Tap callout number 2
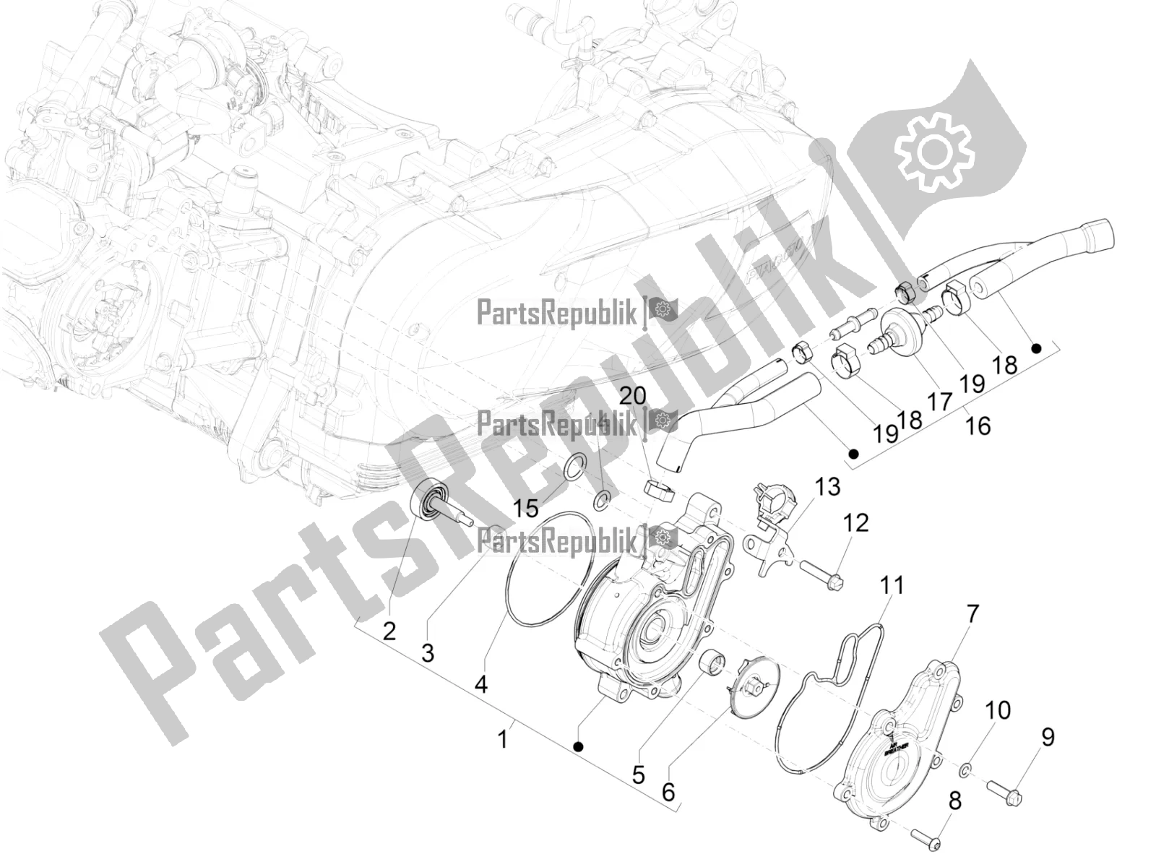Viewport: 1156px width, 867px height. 389,631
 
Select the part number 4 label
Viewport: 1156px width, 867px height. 481,683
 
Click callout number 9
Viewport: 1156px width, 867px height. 1047,737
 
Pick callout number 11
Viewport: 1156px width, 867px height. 892,585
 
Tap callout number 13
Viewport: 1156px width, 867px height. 829,487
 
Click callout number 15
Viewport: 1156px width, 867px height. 526,509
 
